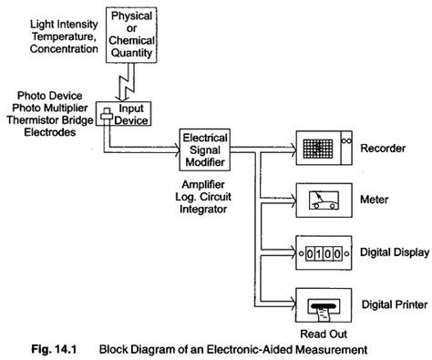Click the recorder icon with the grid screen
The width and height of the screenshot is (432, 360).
click(x=323, y=145)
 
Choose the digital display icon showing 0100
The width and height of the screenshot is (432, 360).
click(x=322, y=249)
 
